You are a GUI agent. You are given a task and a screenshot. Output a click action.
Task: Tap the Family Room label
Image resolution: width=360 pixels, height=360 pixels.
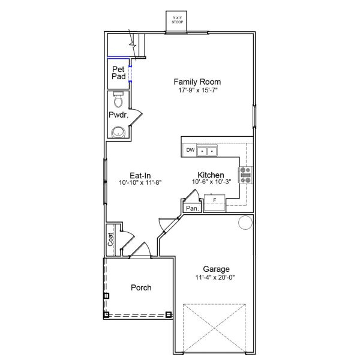pos(197,82)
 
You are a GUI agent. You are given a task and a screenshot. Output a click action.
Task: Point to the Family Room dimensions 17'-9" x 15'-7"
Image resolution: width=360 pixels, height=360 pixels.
pos(197,91)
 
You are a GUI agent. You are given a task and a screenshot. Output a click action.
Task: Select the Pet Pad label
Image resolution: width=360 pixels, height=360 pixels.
pos(118,73)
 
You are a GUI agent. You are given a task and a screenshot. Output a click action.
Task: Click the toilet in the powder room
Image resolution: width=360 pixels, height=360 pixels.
pos(118,98)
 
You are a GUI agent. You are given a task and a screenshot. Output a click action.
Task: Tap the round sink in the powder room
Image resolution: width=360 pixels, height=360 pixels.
pos(118,132)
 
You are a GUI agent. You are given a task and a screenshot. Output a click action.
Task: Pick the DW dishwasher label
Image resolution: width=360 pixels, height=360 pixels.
pos(190,150)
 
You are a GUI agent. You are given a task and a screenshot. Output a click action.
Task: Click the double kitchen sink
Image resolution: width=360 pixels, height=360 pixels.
pos(208,150)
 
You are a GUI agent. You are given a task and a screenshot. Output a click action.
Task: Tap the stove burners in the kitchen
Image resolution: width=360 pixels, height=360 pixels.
pos(246,175)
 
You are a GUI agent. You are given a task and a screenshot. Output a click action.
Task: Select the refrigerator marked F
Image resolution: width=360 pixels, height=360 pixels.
pos(214,199)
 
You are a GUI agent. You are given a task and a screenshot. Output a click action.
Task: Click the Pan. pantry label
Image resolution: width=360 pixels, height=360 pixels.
pos(192,208)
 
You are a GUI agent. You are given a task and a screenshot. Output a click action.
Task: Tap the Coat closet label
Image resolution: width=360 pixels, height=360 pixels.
pos(111,240)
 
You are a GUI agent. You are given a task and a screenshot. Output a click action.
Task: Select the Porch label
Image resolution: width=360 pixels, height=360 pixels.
pos(141,287)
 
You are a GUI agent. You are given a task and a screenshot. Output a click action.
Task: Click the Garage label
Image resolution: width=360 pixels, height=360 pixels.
pos(216,269)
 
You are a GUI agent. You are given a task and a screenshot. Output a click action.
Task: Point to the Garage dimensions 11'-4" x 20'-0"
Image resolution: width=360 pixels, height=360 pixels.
pos(216,278)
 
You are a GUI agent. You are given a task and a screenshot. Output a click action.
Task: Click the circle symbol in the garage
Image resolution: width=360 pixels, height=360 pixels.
pos(245,222)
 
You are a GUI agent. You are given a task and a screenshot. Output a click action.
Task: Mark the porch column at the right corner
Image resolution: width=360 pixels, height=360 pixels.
pos(169,314)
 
